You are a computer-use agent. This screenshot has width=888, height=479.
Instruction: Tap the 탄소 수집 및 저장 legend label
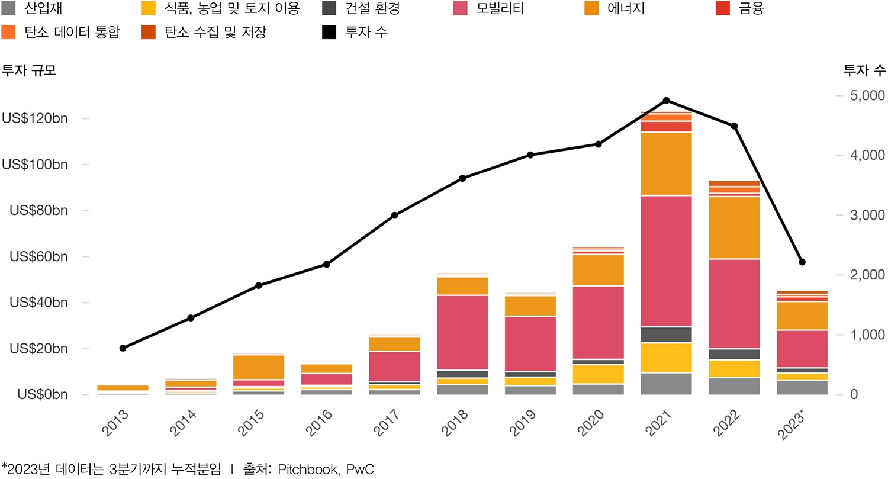pos(215,32)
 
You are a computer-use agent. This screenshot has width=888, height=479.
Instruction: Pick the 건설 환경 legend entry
pos(372,9)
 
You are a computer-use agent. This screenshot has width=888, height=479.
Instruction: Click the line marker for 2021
pos(666,100)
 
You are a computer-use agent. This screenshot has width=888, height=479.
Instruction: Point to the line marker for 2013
pos(123,348)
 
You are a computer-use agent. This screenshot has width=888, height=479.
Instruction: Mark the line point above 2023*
pos(802,262)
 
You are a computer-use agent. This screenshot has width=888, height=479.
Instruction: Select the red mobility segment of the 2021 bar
pos(666,261)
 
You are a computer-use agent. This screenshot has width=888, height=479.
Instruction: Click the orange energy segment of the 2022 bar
pos(734,228)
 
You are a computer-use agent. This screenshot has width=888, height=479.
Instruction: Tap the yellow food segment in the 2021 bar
pos(666,358)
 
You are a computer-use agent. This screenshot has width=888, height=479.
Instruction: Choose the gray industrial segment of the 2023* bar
pos(802,387)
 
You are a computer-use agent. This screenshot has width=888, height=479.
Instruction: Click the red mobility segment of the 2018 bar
pos(462,332)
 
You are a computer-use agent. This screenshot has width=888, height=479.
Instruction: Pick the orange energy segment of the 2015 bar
pos(259,367)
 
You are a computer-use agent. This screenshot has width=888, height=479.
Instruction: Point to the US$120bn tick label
pos(43,118)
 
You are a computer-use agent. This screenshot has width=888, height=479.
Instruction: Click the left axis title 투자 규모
pos(29,70)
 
